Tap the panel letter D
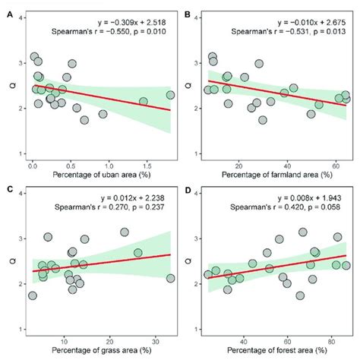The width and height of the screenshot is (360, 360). [189, 189]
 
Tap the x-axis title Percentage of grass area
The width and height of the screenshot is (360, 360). [101, 352]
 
